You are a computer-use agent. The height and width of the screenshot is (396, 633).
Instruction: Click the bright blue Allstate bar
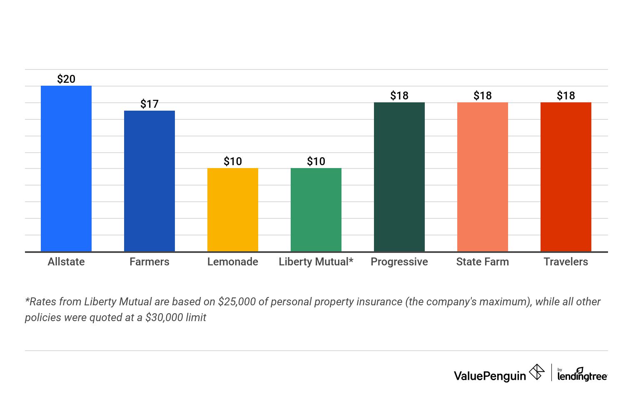(x=66, y=168)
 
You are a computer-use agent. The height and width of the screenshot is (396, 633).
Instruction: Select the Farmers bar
(x=150, y=181)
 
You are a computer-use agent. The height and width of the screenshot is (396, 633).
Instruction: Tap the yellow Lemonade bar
(x=233, y=210)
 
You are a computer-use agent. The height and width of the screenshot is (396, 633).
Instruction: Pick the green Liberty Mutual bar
(x=316, y=210)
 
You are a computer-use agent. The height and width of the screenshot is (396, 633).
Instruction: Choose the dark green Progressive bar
(x=399, y=177)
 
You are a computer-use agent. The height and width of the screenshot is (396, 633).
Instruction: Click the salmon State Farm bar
(x=483, y=177)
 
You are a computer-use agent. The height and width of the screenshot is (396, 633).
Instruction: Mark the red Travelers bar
(x=566, y=177)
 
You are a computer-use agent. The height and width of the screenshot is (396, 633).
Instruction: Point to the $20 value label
(x=66, y=79)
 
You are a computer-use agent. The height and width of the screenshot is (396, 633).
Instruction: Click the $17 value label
(x=150, y=104)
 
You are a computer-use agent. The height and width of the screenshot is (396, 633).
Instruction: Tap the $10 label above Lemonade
(x=233, y=161)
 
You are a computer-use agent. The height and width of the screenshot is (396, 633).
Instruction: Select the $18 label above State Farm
(x=483, y=96)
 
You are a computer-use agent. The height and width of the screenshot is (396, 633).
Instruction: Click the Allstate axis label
(x=66, y=262)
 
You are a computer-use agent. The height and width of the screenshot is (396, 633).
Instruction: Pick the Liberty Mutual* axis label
(x=316, y=262)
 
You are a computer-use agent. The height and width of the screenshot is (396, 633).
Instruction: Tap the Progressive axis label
(x=399, y=262)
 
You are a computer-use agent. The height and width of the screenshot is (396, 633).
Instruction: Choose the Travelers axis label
(x=566, y=262)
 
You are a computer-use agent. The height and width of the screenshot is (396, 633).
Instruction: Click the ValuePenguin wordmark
(x=490, y=376)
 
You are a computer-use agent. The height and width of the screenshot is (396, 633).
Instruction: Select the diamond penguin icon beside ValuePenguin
(x=537, y=372)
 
